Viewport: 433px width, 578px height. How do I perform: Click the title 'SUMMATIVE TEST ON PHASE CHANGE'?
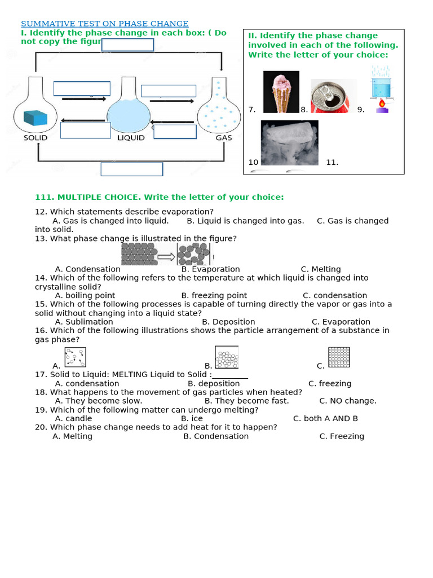point(104,24)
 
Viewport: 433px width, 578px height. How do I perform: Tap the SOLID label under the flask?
point(35,137)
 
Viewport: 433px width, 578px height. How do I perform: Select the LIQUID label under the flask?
point(130,137)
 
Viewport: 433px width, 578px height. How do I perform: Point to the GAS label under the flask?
point(224,137)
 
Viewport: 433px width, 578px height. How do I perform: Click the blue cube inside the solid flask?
point(35,117)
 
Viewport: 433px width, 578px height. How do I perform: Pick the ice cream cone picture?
point(281,92)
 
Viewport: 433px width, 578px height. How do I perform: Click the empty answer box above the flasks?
point(127,45)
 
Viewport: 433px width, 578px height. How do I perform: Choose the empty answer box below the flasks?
point(131,169)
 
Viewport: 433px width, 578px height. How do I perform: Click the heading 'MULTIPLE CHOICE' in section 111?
point(159,197)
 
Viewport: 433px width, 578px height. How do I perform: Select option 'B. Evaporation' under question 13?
point(210,269)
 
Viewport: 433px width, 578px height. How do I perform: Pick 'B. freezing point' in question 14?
point(214,295)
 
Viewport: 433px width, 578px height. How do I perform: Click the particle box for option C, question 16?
point(339,357)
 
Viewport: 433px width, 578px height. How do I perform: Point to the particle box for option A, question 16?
point(75,357)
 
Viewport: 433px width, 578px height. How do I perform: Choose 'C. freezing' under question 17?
point(329,383)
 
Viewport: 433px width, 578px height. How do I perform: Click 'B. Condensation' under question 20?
point(215,436)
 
